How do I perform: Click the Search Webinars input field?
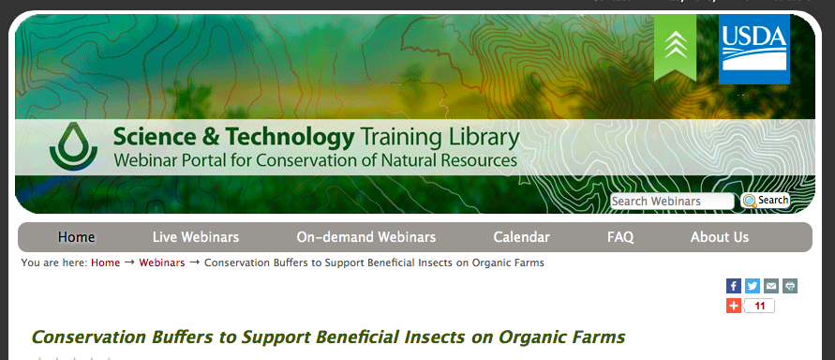click(672, 201)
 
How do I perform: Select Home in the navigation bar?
click(76, 237)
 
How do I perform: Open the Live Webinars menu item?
click(195, 237)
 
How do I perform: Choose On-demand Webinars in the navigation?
click(365, 237)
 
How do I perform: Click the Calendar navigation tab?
click(521, 237)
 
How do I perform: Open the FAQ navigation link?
click(620, 237)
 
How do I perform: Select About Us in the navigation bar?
click(719, 237)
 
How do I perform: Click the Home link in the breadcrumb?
click(105, 262)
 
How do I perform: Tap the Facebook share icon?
click(734, 286)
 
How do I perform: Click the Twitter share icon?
click(753, 286)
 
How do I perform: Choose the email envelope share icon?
click(771, 286)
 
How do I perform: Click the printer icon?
click(790, 286)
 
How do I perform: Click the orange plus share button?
click(734, 306)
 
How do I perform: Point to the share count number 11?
click(760, 306)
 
